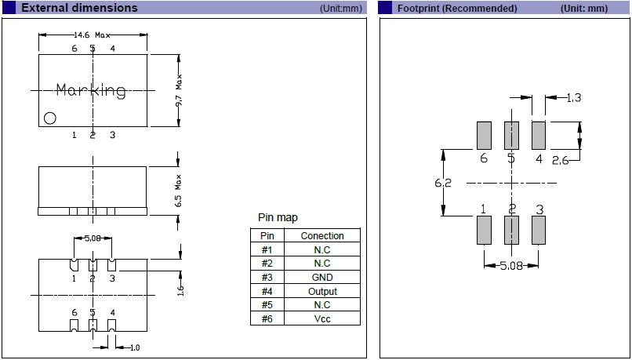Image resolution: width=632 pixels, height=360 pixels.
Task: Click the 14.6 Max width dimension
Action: point(93,36)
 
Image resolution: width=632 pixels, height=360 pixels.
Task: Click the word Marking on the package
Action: point(92,91)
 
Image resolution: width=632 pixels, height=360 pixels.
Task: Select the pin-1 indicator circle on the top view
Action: point(50,118)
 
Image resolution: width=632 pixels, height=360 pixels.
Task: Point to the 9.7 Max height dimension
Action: point(179,91)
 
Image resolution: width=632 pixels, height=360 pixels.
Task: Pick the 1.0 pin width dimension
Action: point(134,347)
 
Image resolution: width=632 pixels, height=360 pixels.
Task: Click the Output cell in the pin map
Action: point(322,291)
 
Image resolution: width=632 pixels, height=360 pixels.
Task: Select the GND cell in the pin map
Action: point(322,277)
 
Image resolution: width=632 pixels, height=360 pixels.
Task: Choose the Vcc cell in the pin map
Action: point(322,319)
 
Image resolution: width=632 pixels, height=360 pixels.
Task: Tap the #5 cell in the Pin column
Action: point(267,305)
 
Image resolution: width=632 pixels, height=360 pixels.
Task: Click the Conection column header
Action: point(322,235)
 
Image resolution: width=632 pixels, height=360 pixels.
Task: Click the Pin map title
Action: point(278,217)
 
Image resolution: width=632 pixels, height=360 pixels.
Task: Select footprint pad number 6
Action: point(484,135)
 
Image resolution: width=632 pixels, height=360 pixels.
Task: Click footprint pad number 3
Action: point(539,230)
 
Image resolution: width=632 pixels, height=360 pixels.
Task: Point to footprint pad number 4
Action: point(539,135)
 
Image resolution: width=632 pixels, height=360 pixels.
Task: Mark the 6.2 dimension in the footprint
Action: point(444,183)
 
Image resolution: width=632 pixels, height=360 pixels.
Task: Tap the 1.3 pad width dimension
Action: point(574,98)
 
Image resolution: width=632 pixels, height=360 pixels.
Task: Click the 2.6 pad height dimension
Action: point(561,161)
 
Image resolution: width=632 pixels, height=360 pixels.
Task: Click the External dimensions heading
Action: point(79,8)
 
